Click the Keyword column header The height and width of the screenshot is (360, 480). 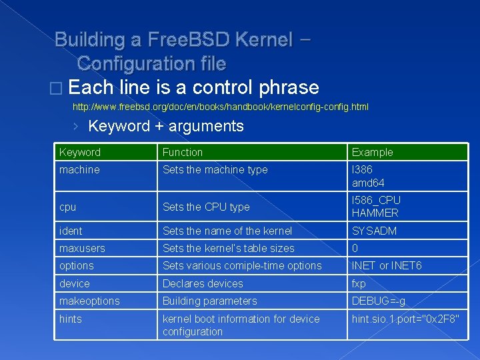click(x=80, y=152)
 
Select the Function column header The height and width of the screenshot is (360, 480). click(x=183, y=152)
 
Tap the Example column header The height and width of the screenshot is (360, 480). click(x=373, y=152)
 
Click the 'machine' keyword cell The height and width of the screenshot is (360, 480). click(x=79, y=170)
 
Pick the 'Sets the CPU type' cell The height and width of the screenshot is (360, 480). click(x=206, y=207)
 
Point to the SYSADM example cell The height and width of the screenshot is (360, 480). click(x=374, y=231)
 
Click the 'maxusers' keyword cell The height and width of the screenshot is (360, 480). click(x=82, y=248)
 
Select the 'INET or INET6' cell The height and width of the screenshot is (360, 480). click(x=387, y=265)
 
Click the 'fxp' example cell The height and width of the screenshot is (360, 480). click(x=359, y=283)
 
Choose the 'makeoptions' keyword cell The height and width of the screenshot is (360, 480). click(x=89, y=301)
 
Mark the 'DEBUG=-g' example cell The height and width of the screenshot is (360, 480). click(x=378, y=301)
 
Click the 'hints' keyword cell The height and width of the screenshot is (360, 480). click(x=71, y=319)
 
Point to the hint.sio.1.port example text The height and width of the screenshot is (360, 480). click(x=405, y=319)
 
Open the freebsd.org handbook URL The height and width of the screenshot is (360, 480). click(x=220, y=107)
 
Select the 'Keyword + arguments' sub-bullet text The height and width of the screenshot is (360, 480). click(x=166, y=126)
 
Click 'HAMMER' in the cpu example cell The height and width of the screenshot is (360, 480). click(x=375, y=213)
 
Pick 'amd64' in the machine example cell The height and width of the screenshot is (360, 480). click(x=368, y=183)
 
